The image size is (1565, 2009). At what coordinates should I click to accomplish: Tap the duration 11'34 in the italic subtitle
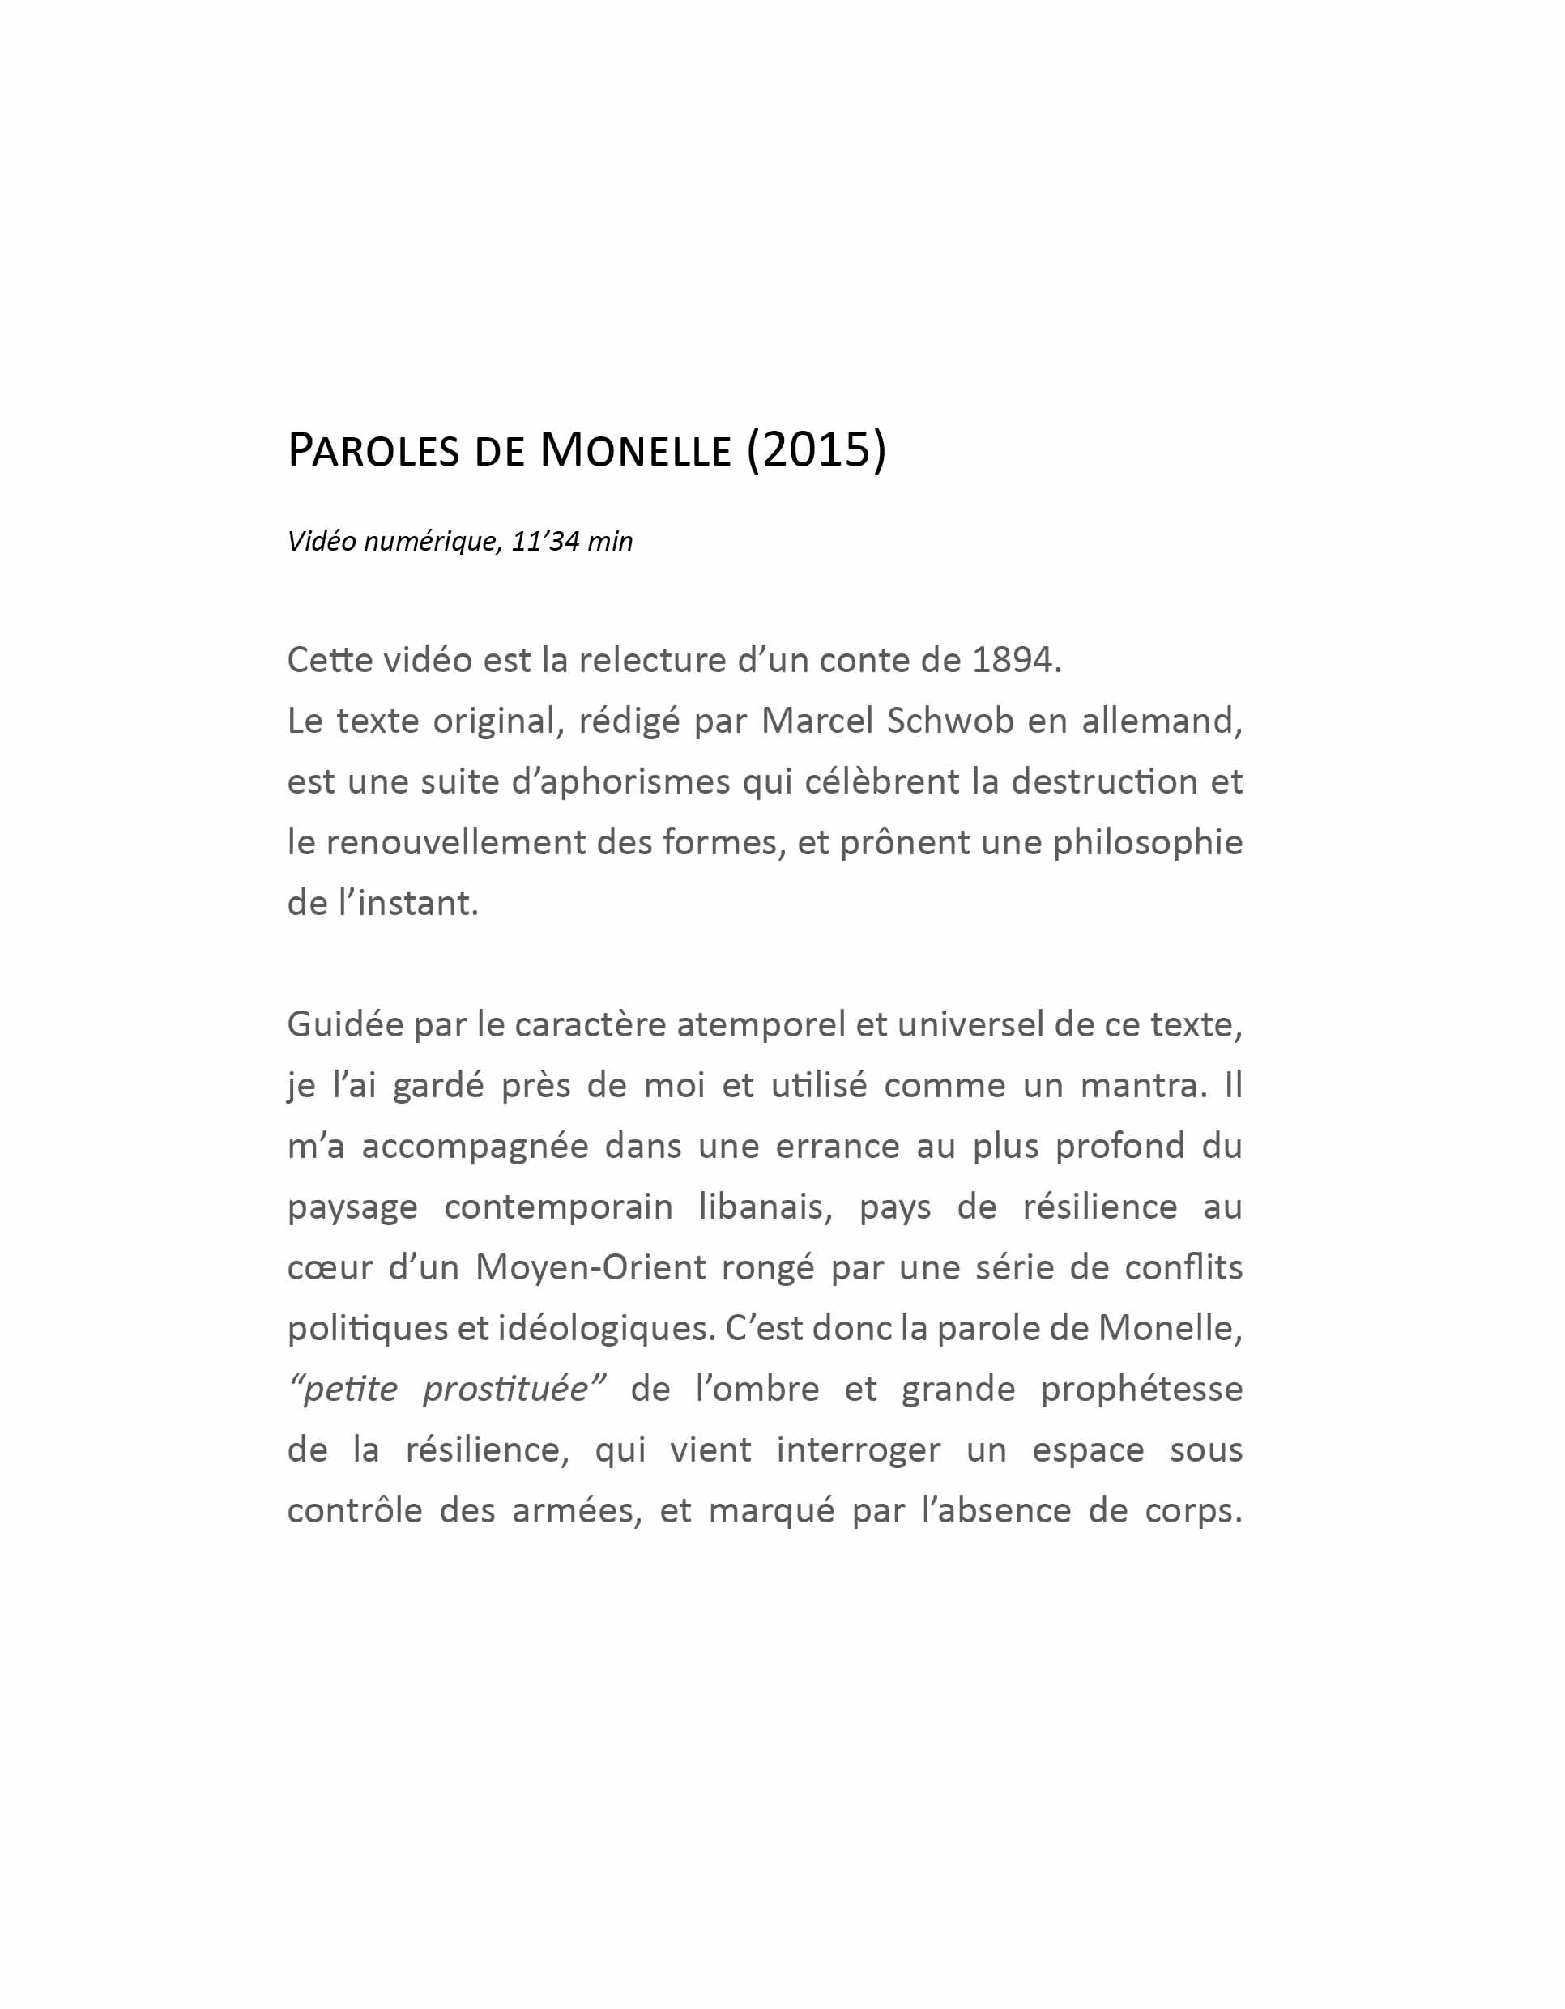tap(544, 541)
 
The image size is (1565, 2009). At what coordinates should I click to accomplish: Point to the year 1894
tap(1012, 660)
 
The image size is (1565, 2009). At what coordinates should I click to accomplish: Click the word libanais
tap(765, 1206)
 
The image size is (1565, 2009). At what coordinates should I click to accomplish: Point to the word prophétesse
tap(1141, 1389)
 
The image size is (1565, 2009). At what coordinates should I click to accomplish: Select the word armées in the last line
tap(577, 1510)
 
